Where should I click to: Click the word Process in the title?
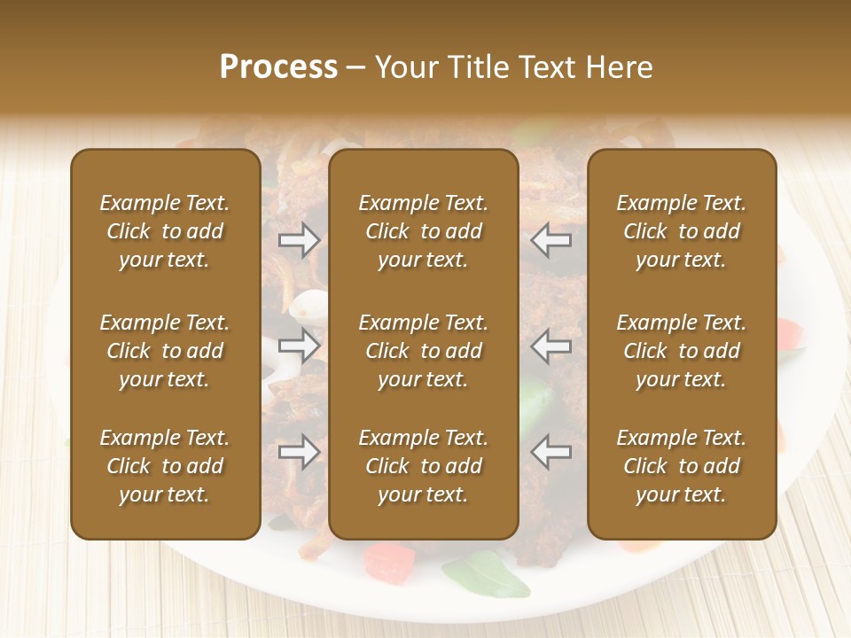click(278, 67)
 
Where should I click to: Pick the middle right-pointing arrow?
click(299, 346)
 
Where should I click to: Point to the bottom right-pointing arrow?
click(299, 452)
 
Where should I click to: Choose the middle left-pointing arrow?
click(551, 346)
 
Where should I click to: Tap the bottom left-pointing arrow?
click(551, 452)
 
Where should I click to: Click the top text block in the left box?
click(165, 231)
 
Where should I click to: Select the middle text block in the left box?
click(165, 351)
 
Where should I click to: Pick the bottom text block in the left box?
click(165, 466)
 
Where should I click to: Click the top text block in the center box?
click(423, 231)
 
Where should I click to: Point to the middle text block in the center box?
click(423, 351)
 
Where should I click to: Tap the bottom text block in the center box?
click(423, 466)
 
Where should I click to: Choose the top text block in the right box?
click(681, 231)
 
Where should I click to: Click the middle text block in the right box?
click(681, 351)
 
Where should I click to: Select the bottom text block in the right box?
click(681, 466)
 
